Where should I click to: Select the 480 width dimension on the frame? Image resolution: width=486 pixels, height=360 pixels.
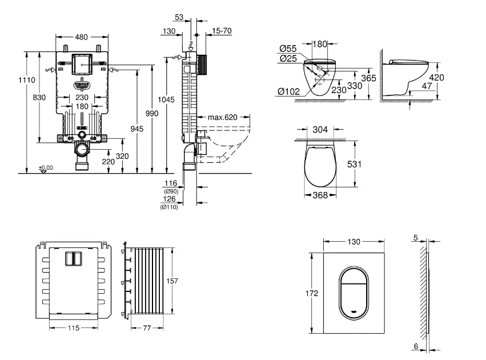pos(82,37)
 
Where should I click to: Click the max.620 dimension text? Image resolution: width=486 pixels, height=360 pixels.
pos(222,117)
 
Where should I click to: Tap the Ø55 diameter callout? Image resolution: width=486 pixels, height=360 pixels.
pos(288,49)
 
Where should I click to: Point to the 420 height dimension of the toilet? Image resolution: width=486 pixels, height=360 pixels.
pos(437,78)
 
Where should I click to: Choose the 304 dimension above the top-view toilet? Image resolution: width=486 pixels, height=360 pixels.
pos(320,130)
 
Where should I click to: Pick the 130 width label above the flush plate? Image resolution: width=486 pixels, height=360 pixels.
pos(354,242)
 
